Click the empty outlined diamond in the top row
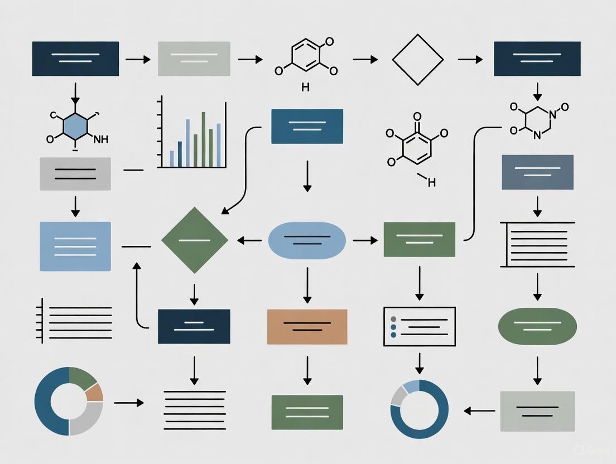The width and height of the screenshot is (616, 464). pyautogui.click(x=417, y=59)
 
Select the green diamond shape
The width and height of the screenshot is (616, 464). pyautogui.click(x=194, y=240)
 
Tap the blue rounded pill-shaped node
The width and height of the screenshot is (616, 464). pyautogui.click(x=307, y=240)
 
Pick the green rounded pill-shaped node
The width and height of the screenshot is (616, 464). pyautogui.click(x=537, y=326)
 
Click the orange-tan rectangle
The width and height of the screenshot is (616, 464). pyautogui.click(x=307, y=326)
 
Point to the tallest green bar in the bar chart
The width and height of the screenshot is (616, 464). pyautogui.click(x=204, y=139)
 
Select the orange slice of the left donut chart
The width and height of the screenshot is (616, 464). pyautogui.click(x=94, y=392)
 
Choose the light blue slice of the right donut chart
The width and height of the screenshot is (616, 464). pyautogui.click(x=411, y=386)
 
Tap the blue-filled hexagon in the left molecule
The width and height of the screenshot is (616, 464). pyautogui.click(x=75, y=128)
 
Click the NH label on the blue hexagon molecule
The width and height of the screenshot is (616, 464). pyautogui.click(x=101, y=140)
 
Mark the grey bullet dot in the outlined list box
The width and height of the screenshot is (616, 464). pyautogui.click(x=393, y=319)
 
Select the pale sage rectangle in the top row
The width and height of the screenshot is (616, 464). pyautogui.click(x=194, y=59)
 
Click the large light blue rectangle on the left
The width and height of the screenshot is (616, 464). pyautogui.click(x=75, y=246)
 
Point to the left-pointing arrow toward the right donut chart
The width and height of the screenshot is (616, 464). pyautogui.click(x=479, y=411)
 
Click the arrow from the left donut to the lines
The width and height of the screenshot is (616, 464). pyautogui.click(x=128, y=402)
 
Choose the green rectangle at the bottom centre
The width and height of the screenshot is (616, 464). pyautogui.click(x=307, y=412)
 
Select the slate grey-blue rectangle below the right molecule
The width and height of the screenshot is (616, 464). pyautogui.click(x=537, y=172)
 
